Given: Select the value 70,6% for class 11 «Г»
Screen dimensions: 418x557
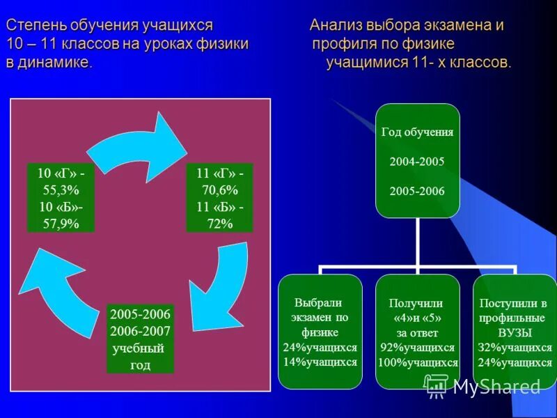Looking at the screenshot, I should point(220,189).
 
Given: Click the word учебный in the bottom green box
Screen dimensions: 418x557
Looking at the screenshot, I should point(139,348).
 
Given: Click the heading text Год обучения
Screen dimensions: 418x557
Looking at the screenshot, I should point(418,132).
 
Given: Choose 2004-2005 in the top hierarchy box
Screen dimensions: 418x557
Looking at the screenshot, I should point(417,162).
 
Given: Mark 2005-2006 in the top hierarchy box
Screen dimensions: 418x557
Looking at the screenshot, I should point(417,190).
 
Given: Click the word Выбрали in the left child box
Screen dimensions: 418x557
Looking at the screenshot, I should point(318,303).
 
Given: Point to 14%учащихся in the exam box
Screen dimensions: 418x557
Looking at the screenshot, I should point(320,362).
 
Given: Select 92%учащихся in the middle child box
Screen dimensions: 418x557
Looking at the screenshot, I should point(418,347).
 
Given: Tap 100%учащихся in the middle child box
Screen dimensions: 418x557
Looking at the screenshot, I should point(418,362).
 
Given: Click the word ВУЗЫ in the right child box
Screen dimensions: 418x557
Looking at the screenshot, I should point(515,332).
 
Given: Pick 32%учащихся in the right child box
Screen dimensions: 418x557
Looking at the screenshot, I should point(515,347).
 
